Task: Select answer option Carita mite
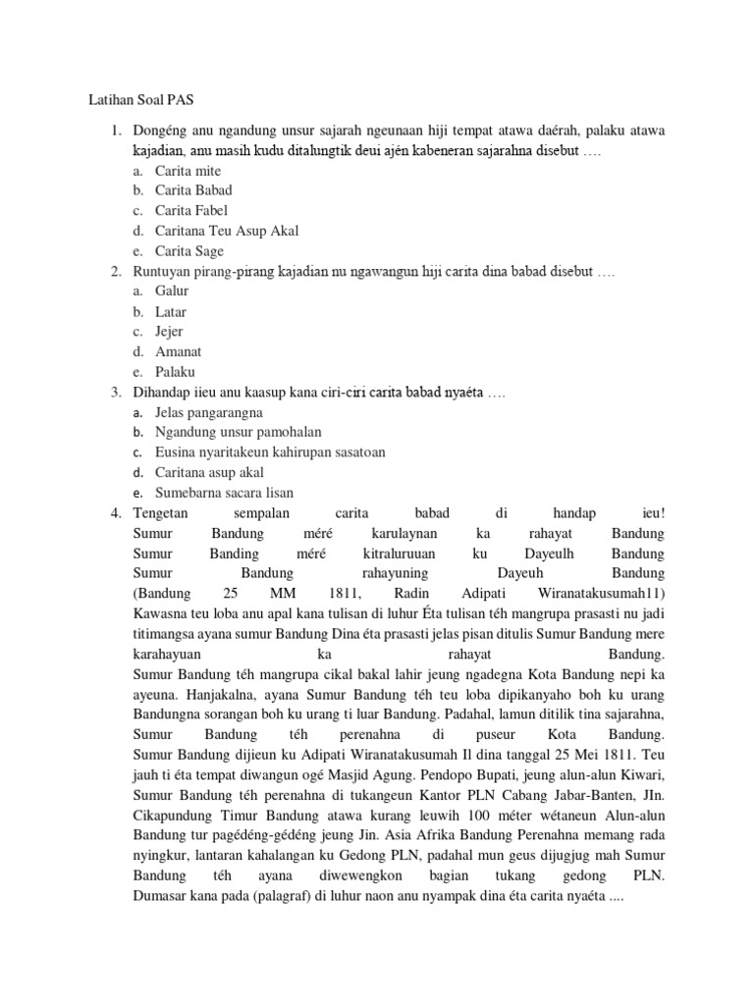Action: click(x=188, y=170)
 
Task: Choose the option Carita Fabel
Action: click(x=193, y=210)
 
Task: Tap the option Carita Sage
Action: click(x=189, y=250)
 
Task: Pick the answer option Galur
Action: click(x=172, y=291)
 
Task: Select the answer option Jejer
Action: click(x=169, y=331)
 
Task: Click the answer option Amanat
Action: click(x=178, y=351)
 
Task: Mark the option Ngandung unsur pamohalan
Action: click(x=238, y=432)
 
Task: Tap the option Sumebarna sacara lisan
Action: click(x=224, y=493)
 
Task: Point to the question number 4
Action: click(x=115, y=513)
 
